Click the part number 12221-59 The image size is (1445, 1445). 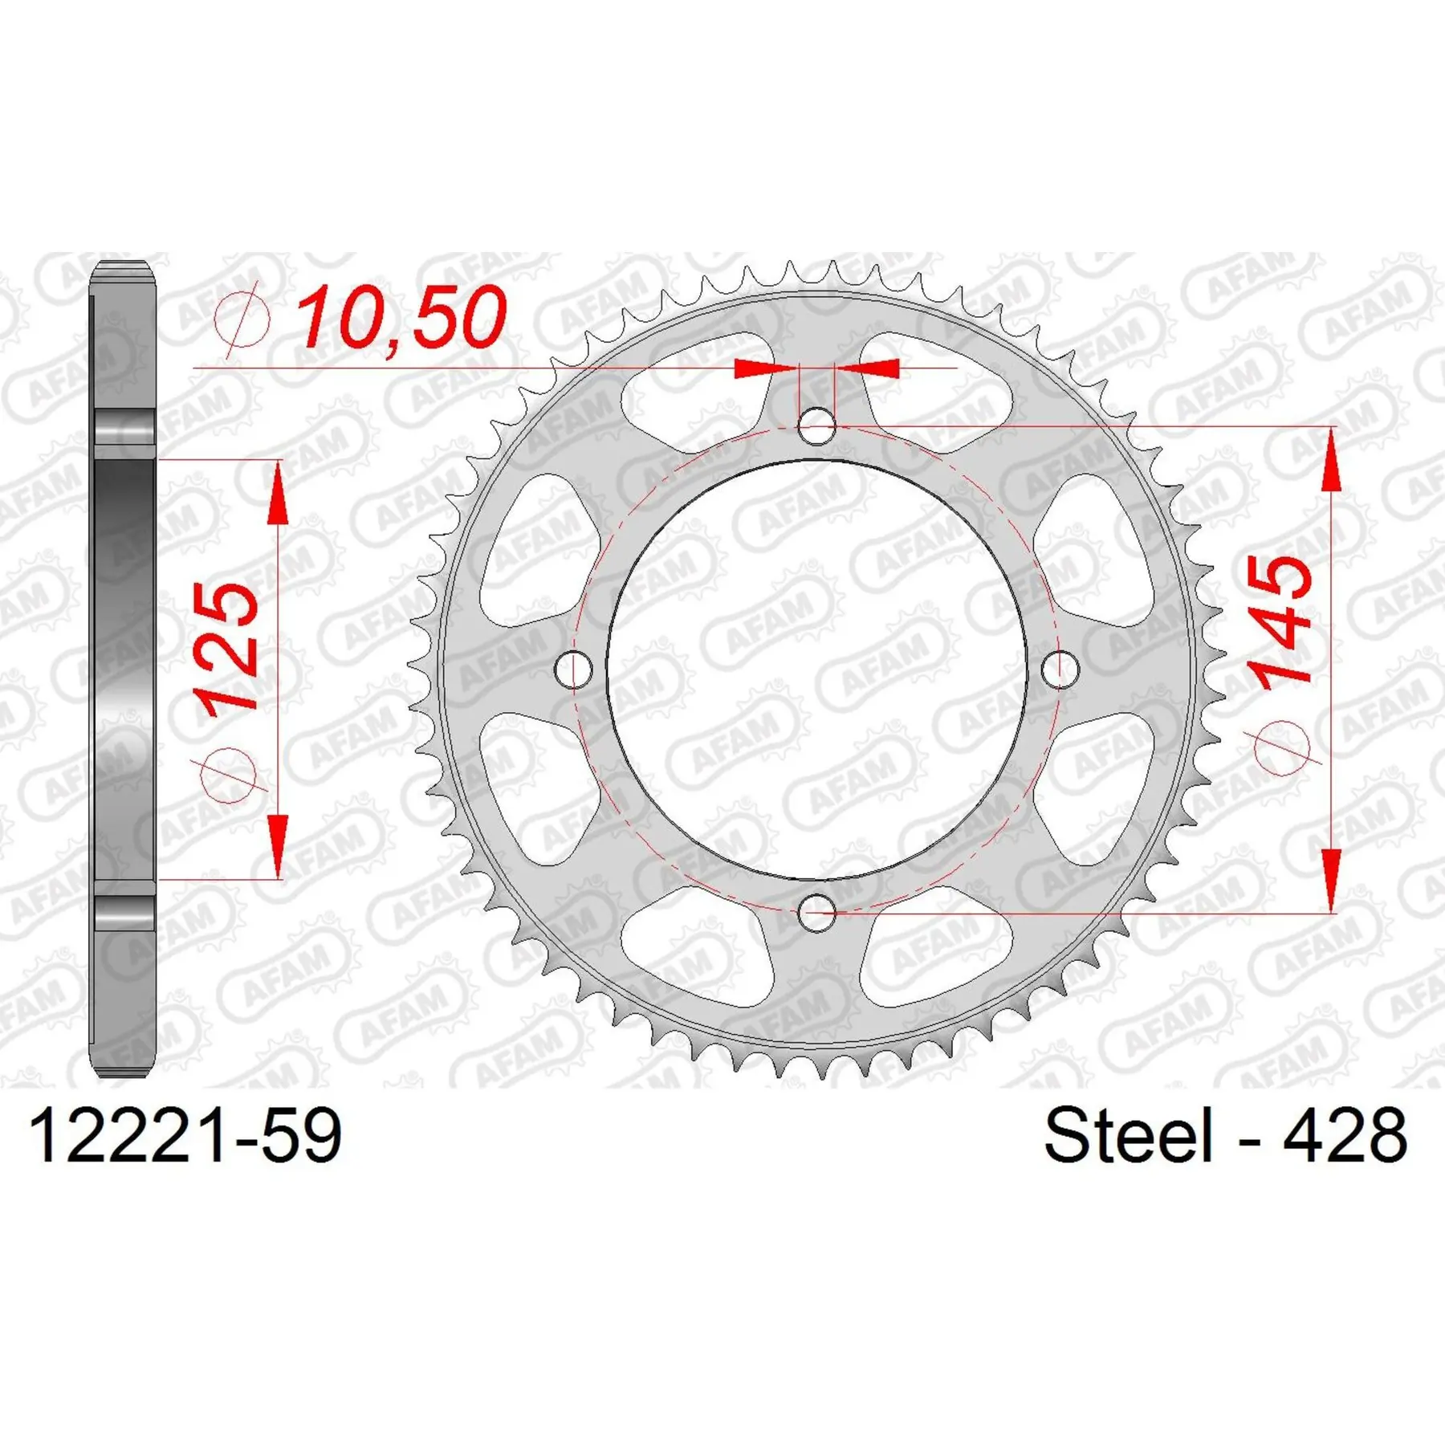click(185, 1136)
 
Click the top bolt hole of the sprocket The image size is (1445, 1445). click(817, 425)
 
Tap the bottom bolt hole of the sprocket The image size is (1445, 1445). click(817, 913)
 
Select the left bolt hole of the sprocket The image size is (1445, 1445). click(574, 669)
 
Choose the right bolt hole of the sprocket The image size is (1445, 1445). click(1060, 669)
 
